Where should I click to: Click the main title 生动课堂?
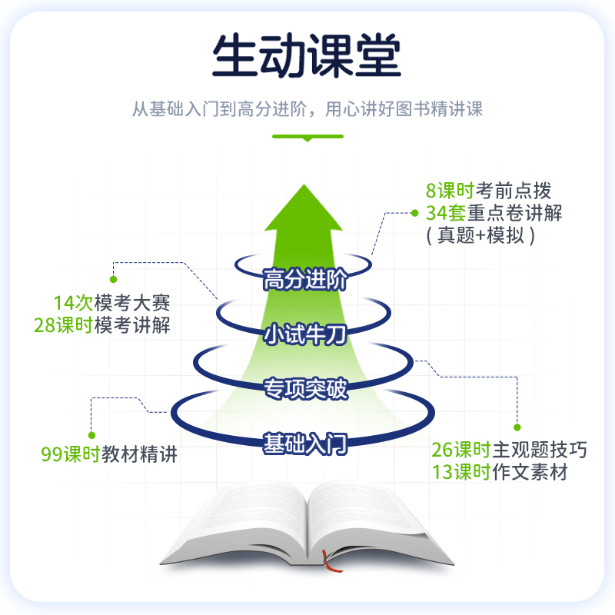pos(307,56)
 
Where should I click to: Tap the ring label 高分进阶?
pos(305,280)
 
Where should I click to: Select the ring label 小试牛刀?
pos(305,335)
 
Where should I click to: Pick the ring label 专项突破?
pos(305,389)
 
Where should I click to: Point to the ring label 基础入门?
pos(305,444)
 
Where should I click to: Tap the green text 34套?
pos(442,212)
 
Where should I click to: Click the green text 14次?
pos(71,302)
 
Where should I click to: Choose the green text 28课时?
pos(62,324)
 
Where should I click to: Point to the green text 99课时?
pos(71,454)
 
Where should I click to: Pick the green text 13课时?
pos(460,472)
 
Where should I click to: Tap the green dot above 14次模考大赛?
pos(114,279)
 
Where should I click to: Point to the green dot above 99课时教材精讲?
pos(91,435)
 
